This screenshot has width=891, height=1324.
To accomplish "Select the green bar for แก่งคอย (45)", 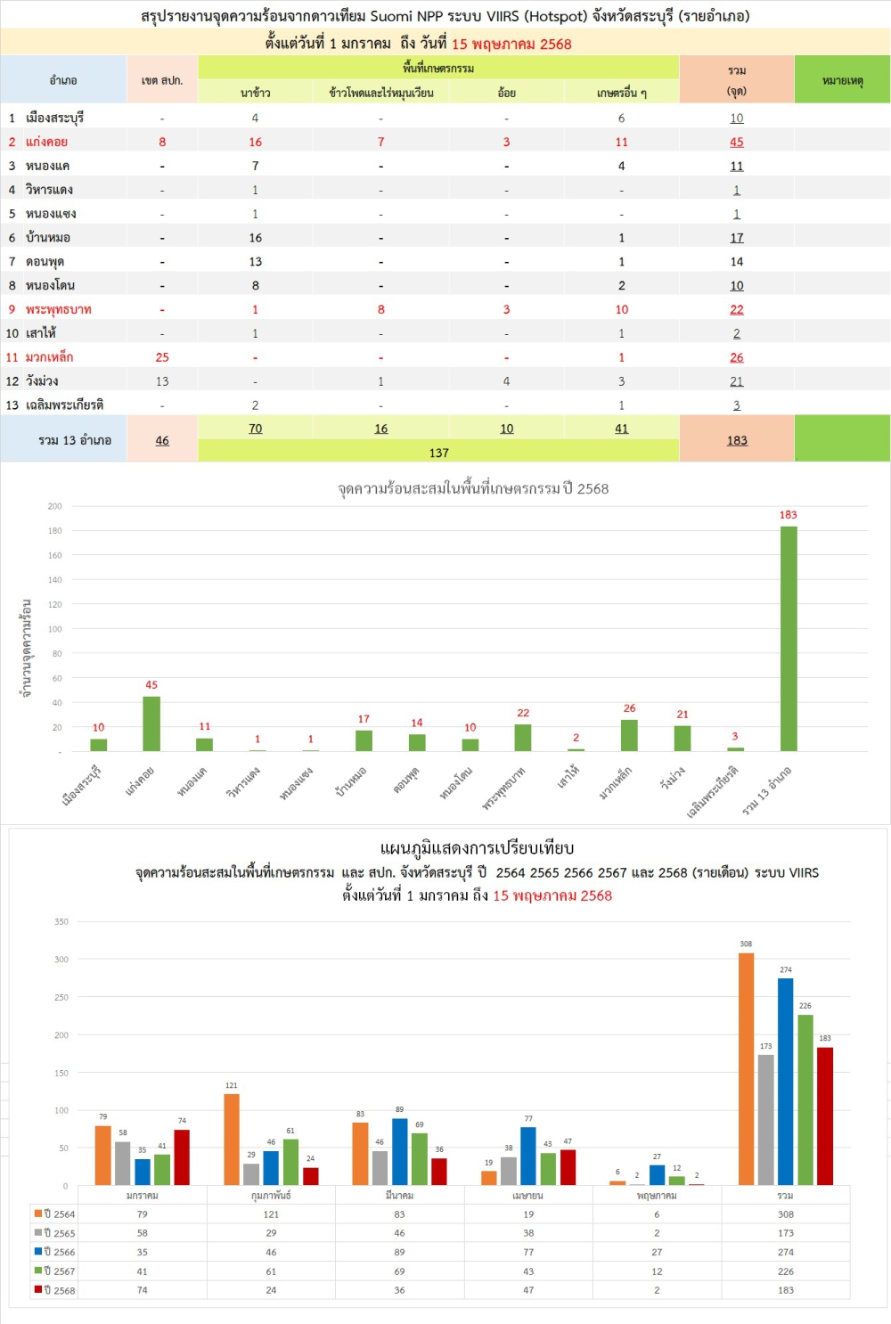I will click(x=151, y=723).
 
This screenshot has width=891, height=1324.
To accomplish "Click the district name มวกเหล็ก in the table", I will click(x=50, y=357).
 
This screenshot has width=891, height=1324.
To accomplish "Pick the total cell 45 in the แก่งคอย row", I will click(x=736, y=142).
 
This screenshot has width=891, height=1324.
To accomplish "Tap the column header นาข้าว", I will click(x=255, y=93).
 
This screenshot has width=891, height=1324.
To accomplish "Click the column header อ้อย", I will click(x=506, y=93).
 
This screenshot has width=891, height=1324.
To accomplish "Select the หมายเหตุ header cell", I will click(x=842, y=80).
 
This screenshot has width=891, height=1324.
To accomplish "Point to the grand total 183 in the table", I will click(x=736, y=440).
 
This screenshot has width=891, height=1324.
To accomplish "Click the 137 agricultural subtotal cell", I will click(x=438, y=453).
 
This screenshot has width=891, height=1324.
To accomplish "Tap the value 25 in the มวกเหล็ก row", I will click(x=162, y=357).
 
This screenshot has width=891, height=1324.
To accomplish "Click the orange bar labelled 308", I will click(x=746, y=1068).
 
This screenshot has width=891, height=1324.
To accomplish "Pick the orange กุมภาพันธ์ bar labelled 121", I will click(x=232, y=1139).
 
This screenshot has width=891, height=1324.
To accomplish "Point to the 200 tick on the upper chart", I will click(x=55, y=506).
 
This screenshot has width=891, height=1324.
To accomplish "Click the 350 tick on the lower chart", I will click(x=61, y=921).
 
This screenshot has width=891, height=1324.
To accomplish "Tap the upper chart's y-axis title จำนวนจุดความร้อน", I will click(x=27, y=648).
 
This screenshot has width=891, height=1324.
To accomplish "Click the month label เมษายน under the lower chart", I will click(x=528, y=1196).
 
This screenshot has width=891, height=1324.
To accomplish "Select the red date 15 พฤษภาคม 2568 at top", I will click(x=511, y=44).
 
